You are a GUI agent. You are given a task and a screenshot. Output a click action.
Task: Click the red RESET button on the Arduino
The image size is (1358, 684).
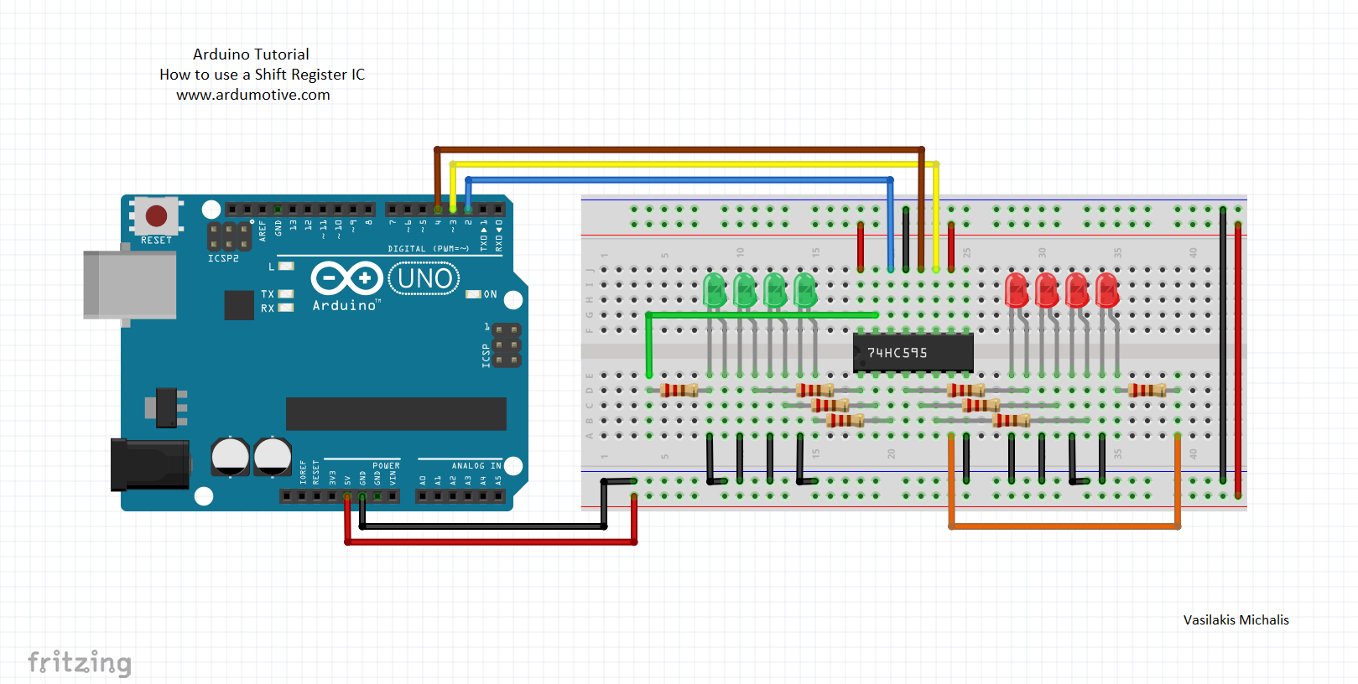(x=157, y=216)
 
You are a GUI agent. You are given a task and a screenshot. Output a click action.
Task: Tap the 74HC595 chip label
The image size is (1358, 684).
(x=898, y=353)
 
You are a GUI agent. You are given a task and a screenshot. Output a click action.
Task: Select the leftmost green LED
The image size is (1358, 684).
(x=714, y=290)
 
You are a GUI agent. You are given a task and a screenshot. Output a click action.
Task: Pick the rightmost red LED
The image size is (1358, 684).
(x=1106, y=290)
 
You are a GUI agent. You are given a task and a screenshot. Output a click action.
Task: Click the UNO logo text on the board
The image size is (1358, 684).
(x=424, y=278)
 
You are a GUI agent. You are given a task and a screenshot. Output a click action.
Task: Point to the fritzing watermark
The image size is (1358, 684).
(x=80, y=662)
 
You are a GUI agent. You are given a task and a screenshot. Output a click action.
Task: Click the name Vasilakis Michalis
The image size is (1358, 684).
(x=1236, y=620)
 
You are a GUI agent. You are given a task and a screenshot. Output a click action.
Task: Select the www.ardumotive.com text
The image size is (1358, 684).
(x=253, y=95)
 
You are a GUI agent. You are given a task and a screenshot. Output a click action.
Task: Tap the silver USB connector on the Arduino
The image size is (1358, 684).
(x=130, y=285)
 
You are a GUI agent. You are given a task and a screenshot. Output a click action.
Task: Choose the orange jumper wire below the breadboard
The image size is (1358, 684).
(x=1065, y=526)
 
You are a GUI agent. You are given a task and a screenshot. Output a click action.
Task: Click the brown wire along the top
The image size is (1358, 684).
(x=679, y=149)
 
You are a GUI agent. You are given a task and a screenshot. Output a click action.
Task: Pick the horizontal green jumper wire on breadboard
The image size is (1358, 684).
(x=763, y=315)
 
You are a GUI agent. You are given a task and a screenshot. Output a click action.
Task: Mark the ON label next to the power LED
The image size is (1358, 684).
(x=491, y=294)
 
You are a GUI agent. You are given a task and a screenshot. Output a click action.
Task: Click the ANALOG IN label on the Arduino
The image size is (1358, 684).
(x=476, y=466)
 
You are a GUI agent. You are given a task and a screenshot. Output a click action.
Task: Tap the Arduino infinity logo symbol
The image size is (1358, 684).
(x=346, y=278)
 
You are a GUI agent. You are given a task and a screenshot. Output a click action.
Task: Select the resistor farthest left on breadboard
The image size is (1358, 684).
(x=679, y=390)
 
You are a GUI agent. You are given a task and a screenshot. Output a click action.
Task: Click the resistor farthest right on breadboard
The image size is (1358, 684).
(x=1147, y=390)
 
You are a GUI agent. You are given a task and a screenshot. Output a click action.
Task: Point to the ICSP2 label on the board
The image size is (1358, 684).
(x=223, y=258)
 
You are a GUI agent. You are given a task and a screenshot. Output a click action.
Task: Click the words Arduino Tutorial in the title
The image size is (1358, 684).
(x=251, y=54)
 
